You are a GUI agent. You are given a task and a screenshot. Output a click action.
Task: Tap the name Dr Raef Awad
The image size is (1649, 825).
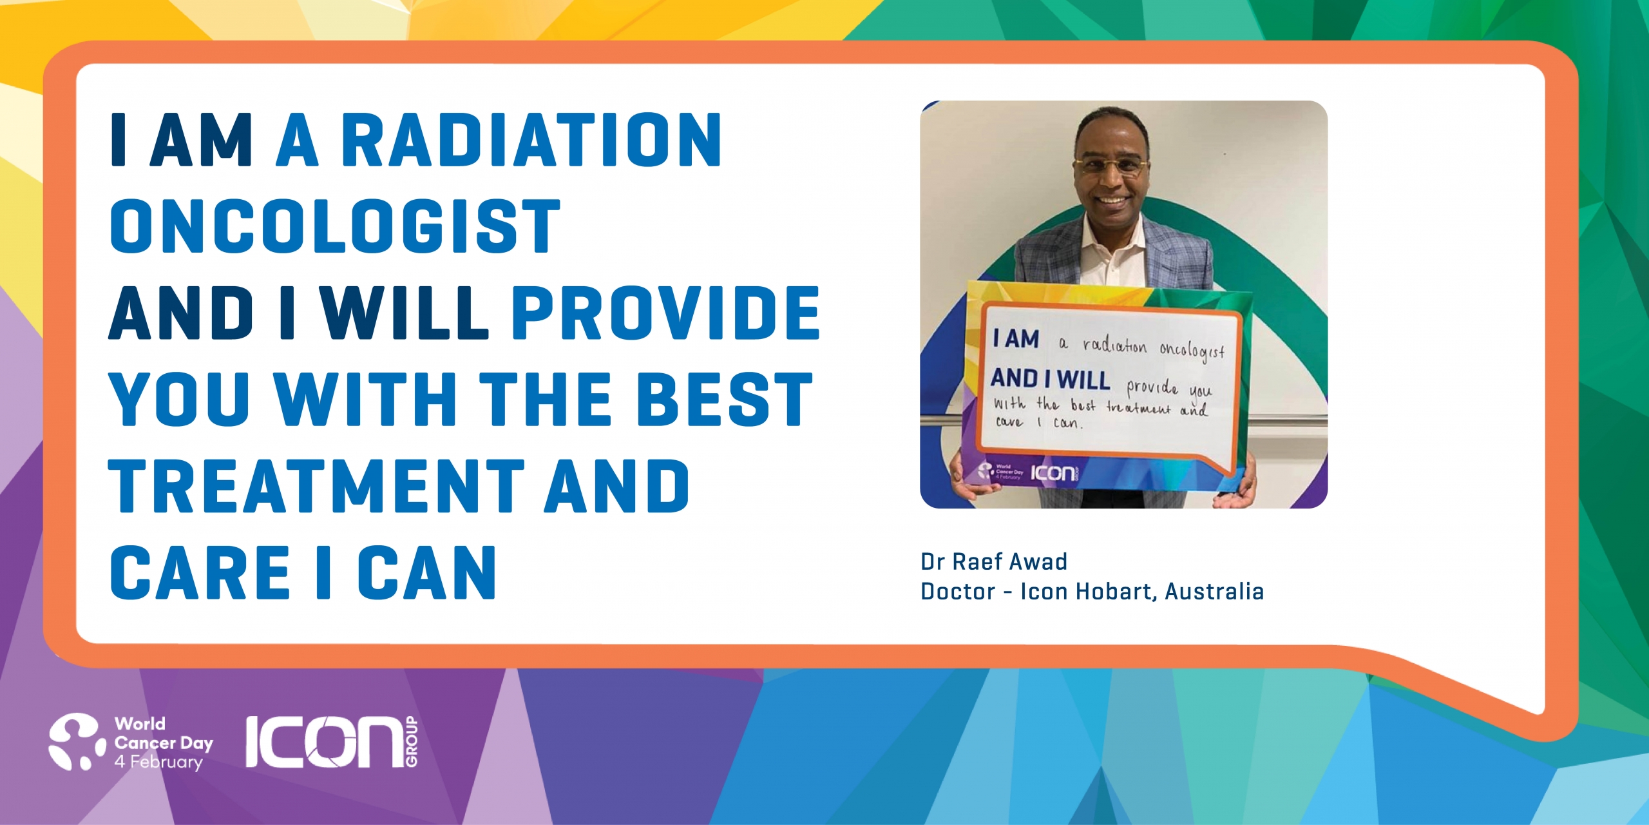click(994, 561)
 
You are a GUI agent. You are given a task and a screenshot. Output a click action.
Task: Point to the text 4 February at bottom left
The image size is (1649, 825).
click(158, 762)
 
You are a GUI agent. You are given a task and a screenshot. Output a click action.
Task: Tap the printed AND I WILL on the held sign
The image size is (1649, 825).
click(1050, 379)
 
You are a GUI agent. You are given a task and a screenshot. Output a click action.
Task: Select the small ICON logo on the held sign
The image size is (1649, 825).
click(1054, 474)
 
